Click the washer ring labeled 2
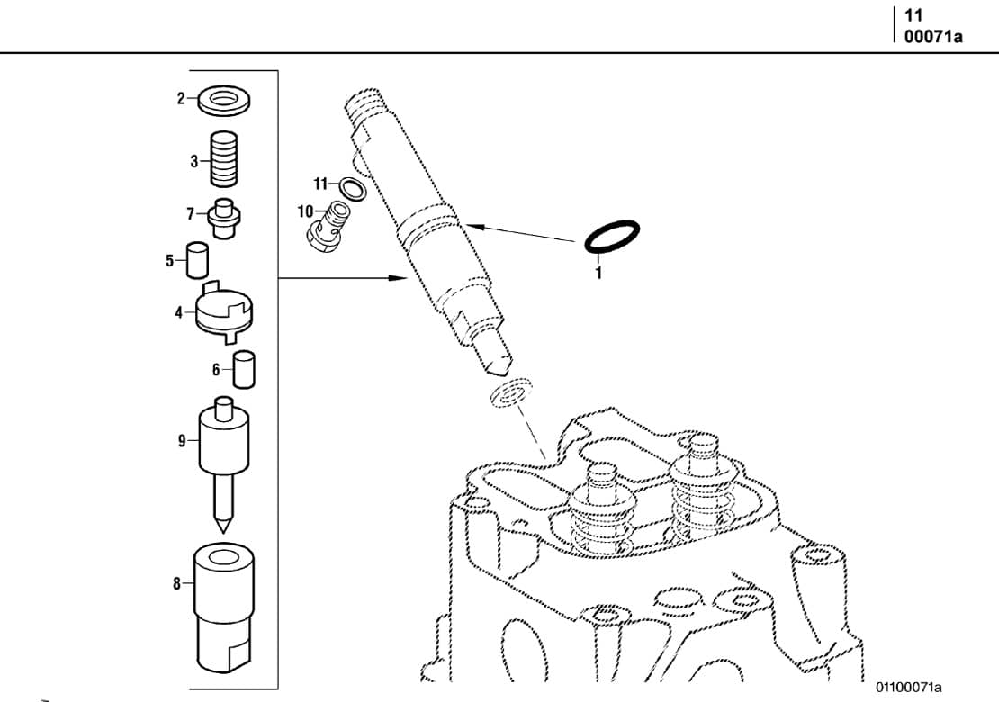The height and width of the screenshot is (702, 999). tap(222, 99)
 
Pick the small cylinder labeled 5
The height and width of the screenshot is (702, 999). tap(198, 260)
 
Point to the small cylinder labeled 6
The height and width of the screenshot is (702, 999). tap(244, 369)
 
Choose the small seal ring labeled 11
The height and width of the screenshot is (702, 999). tap(354, 188)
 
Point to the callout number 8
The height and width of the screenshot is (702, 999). tap(177, 583)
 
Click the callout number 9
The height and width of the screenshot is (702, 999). tap(181, 441)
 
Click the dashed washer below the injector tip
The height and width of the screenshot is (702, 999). tap(508, 393)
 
